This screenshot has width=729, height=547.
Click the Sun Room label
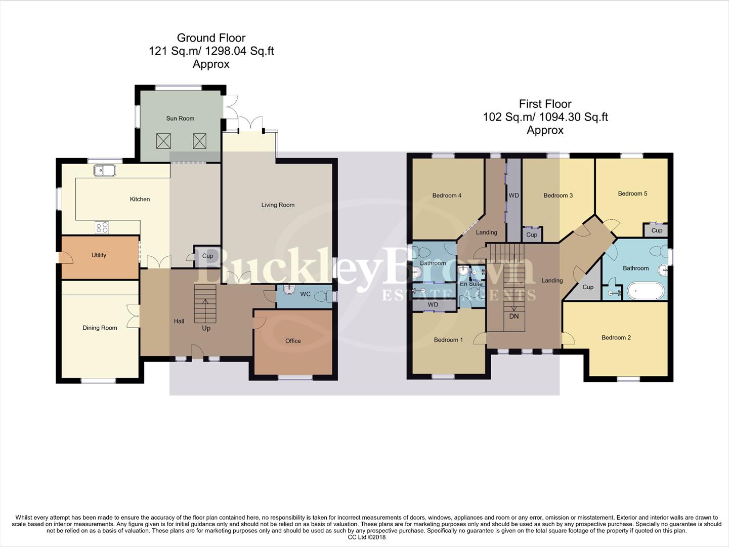pos(180,119)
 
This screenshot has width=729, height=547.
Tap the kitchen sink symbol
pos(105,171)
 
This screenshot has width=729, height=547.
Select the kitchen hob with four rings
pos(102,227)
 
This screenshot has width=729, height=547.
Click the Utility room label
pos(99,255)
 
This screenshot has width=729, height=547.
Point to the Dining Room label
pos(100,328)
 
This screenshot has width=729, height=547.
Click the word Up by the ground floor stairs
pos(206,328)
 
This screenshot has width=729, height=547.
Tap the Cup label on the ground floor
pos(207,256)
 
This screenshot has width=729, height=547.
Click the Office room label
pos(293,341)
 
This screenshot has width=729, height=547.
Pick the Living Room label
pos(278,205)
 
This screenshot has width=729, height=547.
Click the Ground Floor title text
pos(211,38)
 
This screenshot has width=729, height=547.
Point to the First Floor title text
pos(545,104)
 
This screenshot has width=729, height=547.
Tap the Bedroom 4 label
pos(447,196)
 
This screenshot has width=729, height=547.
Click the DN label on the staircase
pos(514,317)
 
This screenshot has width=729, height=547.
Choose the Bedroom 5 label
pos(632,193)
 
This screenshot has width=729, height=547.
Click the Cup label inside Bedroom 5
pos(657,230)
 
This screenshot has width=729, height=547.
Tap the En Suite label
pos(471,284)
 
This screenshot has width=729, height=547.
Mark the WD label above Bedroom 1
pos(433,305)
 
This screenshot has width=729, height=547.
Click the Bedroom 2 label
pos(616,338)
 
